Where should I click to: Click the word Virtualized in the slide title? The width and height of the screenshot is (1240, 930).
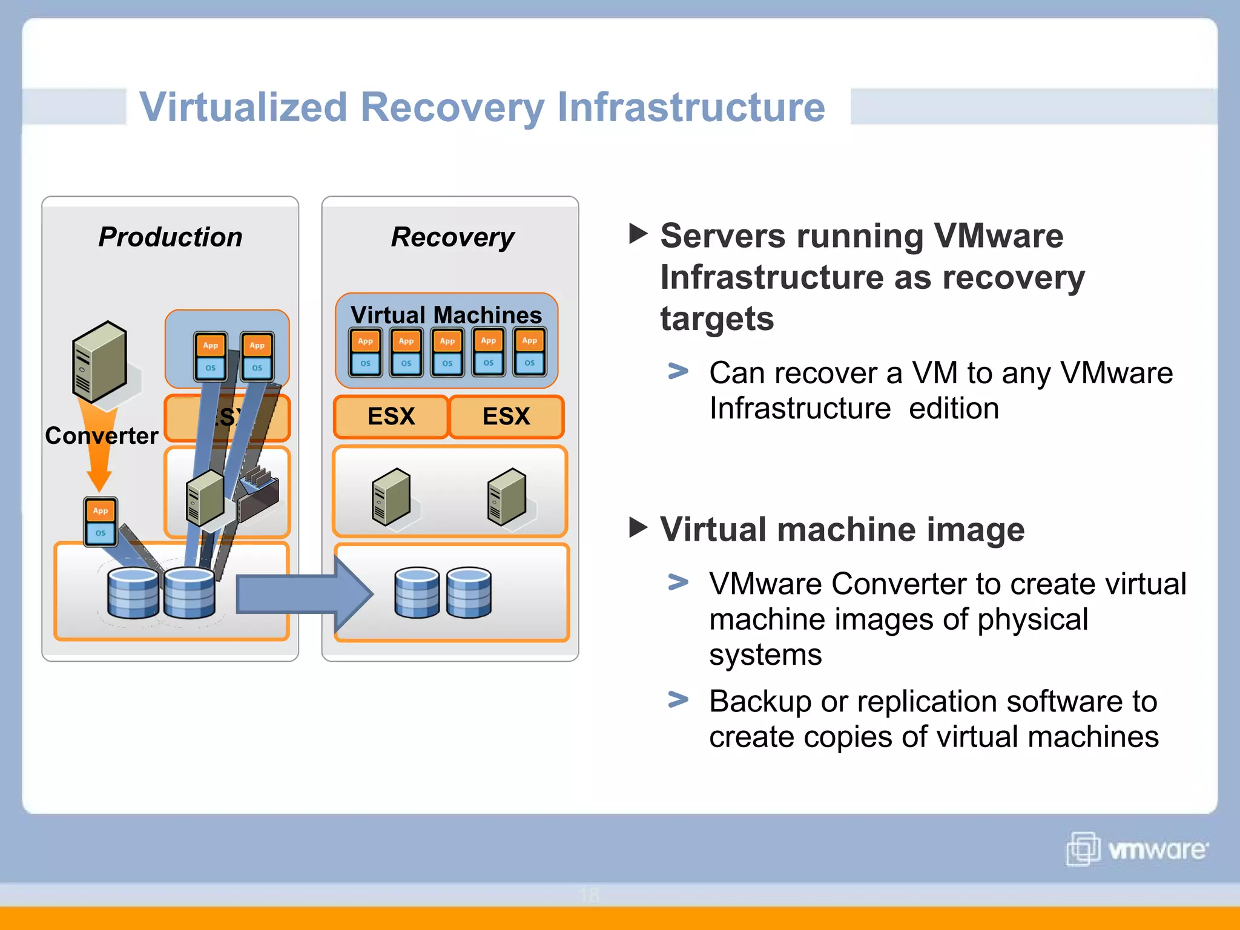(x=243, y=108)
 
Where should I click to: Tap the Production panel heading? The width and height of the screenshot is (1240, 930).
(x=170, y=237)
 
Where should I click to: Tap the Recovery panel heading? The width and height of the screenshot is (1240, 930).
(x=452, y=237)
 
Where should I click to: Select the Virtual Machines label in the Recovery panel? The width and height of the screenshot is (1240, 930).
(x=446, y=315)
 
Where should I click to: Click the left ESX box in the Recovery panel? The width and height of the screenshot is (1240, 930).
(x=391, y=417)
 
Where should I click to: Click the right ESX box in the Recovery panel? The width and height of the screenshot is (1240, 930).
(x=506, y=417)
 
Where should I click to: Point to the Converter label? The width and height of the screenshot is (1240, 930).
(x=102, y=436)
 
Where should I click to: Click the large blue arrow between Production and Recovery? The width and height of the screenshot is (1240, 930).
(x=303, y=594)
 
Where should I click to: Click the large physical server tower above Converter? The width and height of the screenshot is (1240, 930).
(x=99, y=361)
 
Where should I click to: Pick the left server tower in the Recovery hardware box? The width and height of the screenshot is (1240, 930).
(x=391, y=496)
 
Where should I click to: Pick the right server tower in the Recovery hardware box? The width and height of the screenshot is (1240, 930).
(x=507, y=496)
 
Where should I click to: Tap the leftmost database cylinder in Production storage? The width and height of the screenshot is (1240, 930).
(x=133, y=593)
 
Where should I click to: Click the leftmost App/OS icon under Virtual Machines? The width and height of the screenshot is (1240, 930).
(x=365, y=352)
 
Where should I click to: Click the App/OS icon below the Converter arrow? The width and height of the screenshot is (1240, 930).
(x=101, y=522)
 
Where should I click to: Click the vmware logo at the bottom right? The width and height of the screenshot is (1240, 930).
(x=1137, y=849)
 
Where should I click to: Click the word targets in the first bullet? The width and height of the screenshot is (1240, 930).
(x=717, y=319)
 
